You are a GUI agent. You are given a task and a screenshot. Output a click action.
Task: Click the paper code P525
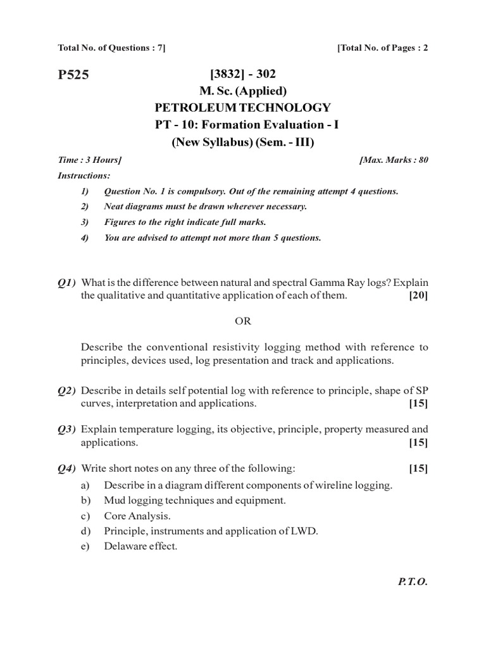coord(73,75)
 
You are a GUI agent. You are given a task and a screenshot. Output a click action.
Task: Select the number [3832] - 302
coord(243,75)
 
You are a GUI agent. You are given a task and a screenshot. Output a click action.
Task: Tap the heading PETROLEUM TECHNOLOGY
coord(243,108)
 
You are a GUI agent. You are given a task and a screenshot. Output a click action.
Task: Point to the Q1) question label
coord(67,281)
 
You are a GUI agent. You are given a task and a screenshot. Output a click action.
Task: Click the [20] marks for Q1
coord(418,295)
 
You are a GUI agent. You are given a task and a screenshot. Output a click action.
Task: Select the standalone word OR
coord(243,321)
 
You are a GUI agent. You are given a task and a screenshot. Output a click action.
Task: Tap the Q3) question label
coord(67,429)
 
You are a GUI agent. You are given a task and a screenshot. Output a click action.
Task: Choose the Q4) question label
coord(67,468)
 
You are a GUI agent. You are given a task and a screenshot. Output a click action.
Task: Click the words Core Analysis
coord(137,515)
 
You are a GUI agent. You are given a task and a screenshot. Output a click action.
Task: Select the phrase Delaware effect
coord(140,546)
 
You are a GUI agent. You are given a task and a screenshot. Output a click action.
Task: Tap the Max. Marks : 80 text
coord(394,160)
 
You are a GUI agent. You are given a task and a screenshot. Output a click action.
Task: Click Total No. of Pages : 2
coord(383,48)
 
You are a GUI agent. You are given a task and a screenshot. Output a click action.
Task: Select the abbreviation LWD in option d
coord(304,530)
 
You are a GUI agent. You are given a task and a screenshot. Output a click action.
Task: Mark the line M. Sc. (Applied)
coord(243,91)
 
